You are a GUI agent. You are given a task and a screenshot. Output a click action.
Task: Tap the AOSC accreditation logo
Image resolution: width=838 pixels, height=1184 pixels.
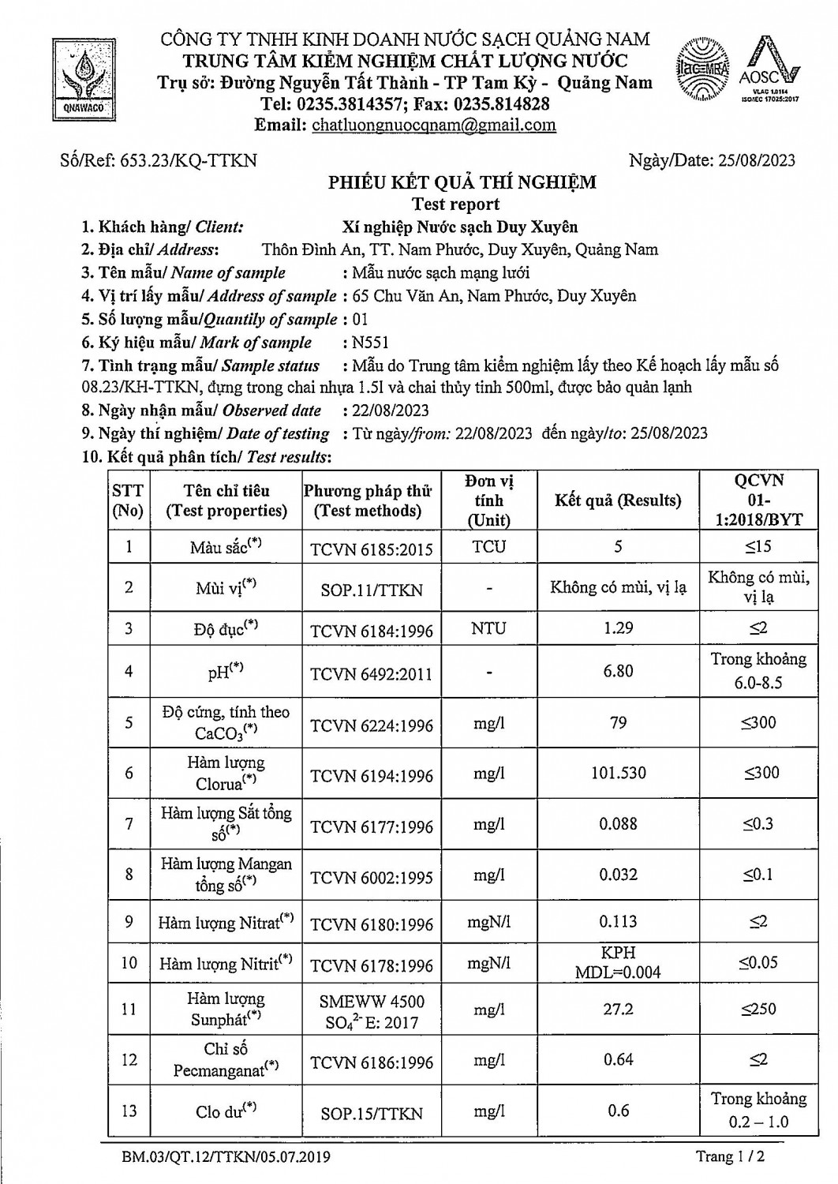click(769, 69)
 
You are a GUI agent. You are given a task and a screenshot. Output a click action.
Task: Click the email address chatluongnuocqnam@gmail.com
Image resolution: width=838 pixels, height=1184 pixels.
click(434, 125)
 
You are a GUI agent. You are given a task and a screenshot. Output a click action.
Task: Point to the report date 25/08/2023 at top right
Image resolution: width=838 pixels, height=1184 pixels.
click(757, 160)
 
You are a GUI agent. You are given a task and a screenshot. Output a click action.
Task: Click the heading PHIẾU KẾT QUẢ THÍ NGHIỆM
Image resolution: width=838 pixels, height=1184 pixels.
click(462, 183)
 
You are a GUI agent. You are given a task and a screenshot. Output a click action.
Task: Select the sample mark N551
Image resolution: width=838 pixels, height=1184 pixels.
click(371, 343)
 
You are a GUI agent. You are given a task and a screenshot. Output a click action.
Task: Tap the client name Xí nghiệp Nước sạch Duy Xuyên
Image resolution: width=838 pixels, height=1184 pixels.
click(460, 227)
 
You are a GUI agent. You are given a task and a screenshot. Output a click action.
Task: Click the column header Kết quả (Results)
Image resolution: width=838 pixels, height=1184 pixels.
click(618, 500)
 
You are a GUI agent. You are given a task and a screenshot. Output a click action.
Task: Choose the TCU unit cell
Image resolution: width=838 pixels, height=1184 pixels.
click(489, 546)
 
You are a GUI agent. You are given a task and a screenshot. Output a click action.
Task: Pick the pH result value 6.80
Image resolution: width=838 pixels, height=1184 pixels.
click(618, 671)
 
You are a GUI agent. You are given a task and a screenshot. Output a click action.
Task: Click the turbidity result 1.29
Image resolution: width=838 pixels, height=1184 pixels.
click(618, 628)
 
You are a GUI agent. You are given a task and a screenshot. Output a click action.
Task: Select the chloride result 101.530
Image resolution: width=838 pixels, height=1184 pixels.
click(618, 773)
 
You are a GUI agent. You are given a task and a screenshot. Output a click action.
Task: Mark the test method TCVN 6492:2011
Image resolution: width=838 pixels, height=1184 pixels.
click(372, 674)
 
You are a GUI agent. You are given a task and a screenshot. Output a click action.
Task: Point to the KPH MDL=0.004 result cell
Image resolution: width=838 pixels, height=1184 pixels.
click(618, 962)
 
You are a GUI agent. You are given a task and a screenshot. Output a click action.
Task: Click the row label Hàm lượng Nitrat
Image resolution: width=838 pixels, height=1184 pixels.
click(226, 922)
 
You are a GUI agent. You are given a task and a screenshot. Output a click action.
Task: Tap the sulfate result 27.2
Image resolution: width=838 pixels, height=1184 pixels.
click(618, 1009)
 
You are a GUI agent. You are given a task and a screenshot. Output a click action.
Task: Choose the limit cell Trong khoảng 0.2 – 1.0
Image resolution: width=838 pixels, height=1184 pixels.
click(758, 1110)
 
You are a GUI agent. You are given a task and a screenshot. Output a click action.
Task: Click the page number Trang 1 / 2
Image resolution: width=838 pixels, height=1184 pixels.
click(731, 1157)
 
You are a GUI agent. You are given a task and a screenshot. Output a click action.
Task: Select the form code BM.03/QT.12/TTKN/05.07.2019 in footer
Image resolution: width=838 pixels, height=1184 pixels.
click(226, 1157)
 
